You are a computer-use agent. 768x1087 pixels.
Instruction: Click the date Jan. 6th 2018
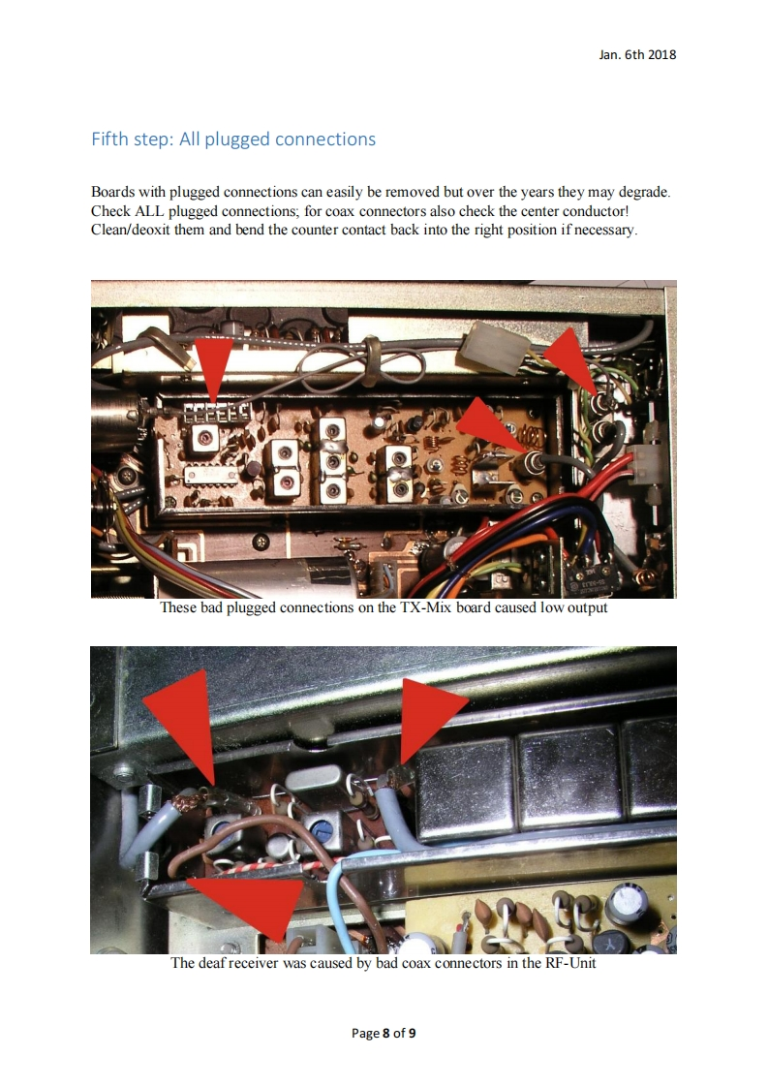637,55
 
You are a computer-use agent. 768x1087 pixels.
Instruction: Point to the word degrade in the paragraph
643,192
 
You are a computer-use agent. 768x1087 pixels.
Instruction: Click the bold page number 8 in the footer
386,1033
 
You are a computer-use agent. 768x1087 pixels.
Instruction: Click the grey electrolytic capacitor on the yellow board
628,902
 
